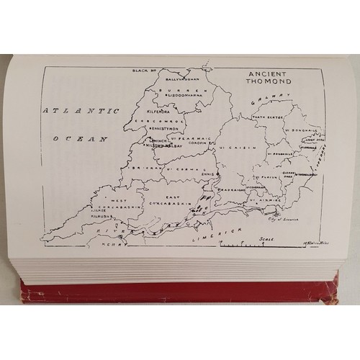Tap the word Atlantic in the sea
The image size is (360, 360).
[69, 111]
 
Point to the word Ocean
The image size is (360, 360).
[84, 138]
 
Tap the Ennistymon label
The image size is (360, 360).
[165, 134]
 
